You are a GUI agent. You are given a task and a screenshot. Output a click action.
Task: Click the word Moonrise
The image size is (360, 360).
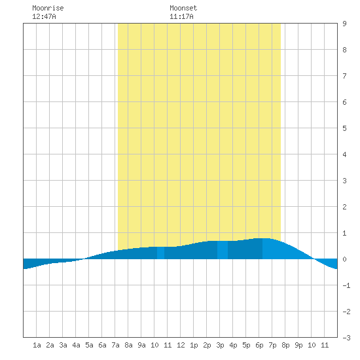48,8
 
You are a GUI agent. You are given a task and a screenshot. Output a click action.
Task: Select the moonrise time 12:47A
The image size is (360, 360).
44,16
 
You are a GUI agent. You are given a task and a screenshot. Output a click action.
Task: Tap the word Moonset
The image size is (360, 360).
183,8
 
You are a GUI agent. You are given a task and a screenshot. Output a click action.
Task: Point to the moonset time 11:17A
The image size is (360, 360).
181,16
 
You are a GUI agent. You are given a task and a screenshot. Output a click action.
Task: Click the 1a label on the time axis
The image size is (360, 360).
37,345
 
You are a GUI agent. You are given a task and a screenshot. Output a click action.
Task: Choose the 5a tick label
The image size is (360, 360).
89,345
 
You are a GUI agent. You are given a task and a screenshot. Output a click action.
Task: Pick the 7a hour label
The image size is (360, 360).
115,345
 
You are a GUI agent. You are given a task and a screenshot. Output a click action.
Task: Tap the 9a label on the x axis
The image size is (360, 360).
141,345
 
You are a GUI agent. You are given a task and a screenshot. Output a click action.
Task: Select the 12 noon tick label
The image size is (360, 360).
181,345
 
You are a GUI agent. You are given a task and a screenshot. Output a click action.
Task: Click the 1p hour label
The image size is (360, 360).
194,345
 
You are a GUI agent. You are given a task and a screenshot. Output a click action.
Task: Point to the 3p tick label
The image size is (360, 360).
220,345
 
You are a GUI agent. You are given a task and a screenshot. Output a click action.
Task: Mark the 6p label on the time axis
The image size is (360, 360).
259,345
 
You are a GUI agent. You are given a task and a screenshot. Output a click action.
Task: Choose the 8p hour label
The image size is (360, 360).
285,345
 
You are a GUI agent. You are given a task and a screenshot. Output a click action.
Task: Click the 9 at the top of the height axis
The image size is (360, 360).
344,24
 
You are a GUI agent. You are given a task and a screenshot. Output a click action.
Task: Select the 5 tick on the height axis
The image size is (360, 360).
344,128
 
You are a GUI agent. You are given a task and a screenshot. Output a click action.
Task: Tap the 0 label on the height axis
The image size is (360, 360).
344,259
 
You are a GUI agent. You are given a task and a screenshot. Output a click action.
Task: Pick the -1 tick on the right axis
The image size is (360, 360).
346,285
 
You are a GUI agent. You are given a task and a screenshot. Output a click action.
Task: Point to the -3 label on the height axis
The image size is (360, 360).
346,338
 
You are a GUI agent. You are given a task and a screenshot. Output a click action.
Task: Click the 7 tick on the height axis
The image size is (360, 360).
344,76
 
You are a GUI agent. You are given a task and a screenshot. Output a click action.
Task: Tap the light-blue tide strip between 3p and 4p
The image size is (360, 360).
223,250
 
